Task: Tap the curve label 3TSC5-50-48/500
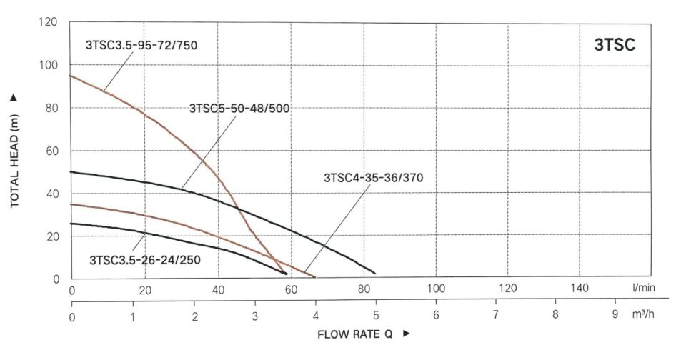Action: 239,109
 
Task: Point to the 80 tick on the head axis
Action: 52,108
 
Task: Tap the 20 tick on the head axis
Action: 52,236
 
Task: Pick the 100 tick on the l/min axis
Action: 435,289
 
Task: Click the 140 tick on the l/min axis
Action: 581,289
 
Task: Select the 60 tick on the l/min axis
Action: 290,289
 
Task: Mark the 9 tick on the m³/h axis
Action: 615,314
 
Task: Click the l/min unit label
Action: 643,289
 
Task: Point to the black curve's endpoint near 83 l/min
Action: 374,273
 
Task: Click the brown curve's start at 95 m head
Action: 70,76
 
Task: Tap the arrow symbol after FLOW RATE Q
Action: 407,334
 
